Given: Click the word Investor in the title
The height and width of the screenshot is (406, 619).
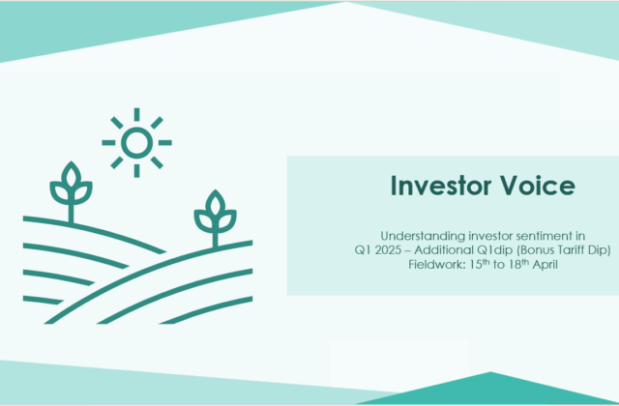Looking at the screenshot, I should [x=426, y=185].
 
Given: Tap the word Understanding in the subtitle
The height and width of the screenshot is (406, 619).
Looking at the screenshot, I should [x=419, y=235].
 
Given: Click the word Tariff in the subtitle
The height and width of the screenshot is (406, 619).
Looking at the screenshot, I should [x=540, y=249].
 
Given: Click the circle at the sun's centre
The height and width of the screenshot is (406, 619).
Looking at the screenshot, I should [x=136, y=143].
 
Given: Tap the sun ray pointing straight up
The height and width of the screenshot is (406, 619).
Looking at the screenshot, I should [x=136, y=114].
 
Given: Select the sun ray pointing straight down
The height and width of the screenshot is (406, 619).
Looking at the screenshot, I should [x=136, y=171].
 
